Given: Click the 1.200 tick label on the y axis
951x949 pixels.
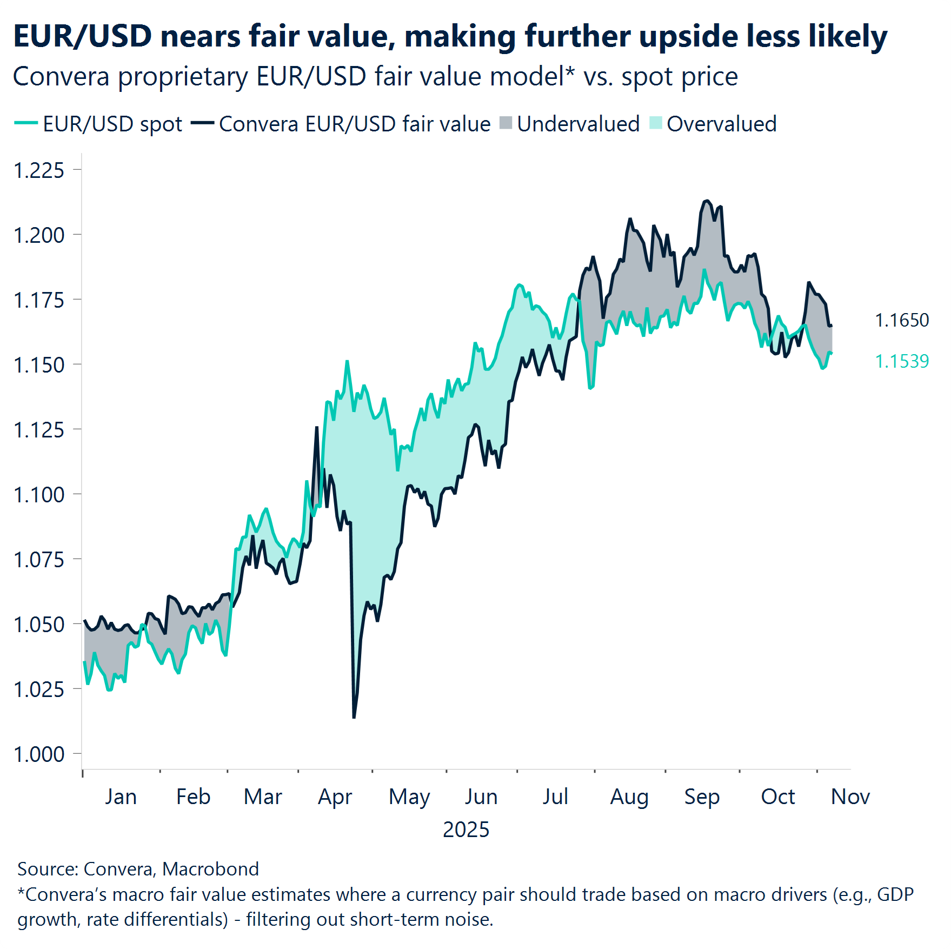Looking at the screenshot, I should click(x=39, y=235).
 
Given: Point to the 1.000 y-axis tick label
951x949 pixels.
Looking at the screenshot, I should click(x=39, y=754).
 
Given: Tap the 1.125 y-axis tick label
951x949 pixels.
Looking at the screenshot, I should click(x=39, y=430).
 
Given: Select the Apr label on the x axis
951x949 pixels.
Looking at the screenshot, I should click(x=335, y=797).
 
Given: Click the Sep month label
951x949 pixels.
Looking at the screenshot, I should click(x=702, y=797).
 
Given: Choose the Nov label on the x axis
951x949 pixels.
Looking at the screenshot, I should click(x=850, y=797).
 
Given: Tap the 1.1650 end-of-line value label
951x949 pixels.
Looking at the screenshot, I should click(x=901, y=320).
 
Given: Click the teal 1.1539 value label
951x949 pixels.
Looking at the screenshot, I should click(x=901, y=361).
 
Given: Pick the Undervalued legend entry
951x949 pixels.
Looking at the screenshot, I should click(x=577, y=124).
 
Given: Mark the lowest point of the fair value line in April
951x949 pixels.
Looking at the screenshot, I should click(x=354, y=717).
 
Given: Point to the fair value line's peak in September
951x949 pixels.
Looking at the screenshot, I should click(x=706, y=201).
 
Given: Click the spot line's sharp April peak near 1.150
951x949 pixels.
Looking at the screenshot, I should click(x=347, y=361).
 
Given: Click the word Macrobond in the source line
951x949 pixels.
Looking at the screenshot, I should click(x=210, y=869).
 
